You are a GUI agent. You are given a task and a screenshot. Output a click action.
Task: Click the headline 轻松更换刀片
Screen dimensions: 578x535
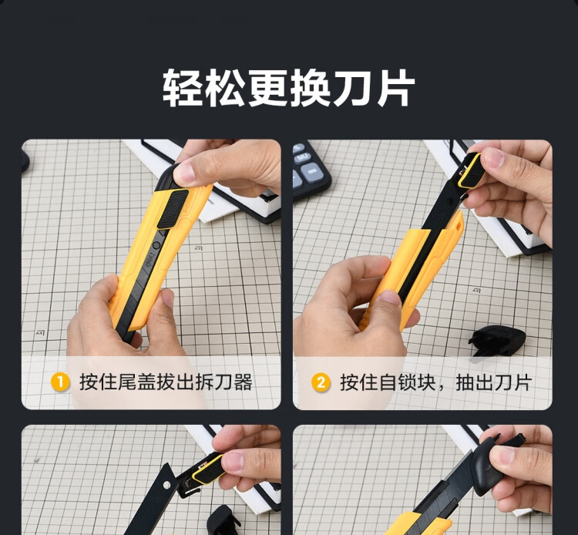coord(289,88)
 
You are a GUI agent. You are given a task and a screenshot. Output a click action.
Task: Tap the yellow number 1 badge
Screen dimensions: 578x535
coord(60,382)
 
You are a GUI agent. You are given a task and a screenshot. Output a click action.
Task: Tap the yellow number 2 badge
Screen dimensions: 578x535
coord(321,382)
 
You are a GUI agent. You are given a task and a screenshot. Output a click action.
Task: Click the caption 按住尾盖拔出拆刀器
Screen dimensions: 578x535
coord(166,382)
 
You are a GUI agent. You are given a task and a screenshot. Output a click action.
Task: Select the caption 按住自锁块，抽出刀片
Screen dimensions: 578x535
coord(435,382)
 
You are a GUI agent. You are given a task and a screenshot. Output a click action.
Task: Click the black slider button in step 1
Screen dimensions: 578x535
coord(173,209)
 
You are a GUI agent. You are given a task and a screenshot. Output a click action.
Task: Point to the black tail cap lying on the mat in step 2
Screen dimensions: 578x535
coord(497,340)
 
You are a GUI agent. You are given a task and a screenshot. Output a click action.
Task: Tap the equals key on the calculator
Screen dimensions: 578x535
coord(312,173)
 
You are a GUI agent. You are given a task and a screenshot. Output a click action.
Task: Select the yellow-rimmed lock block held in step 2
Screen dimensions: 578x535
coord(471,171)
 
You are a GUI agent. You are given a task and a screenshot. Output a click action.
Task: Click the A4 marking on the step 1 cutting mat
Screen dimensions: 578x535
coord(40,333)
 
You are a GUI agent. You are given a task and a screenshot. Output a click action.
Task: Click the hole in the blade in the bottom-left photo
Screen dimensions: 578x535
coord(166,484)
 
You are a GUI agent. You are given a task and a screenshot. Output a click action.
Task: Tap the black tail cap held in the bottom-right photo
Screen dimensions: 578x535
coord(486,466)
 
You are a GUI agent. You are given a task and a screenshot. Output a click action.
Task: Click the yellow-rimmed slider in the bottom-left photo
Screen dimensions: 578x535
coord(207,469)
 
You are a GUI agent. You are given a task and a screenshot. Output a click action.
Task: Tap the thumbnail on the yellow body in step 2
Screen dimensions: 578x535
coord(390,298)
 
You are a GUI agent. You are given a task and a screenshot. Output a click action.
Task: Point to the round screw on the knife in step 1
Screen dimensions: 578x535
coord(156,245)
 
